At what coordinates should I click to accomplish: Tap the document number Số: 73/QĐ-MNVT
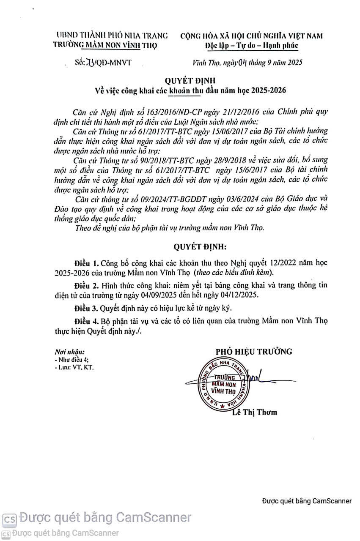103,62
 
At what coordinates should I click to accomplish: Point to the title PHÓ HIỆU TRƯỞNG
254,352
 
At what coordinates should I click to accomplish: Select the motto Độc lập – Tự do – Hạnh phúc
251,45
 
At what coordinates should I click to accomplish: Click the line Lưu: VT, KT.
74,367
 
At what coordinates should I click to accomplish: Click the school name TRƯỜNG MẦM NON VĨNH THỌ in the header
105,45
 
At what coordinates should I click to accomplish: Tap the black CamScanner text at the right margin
307,501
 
